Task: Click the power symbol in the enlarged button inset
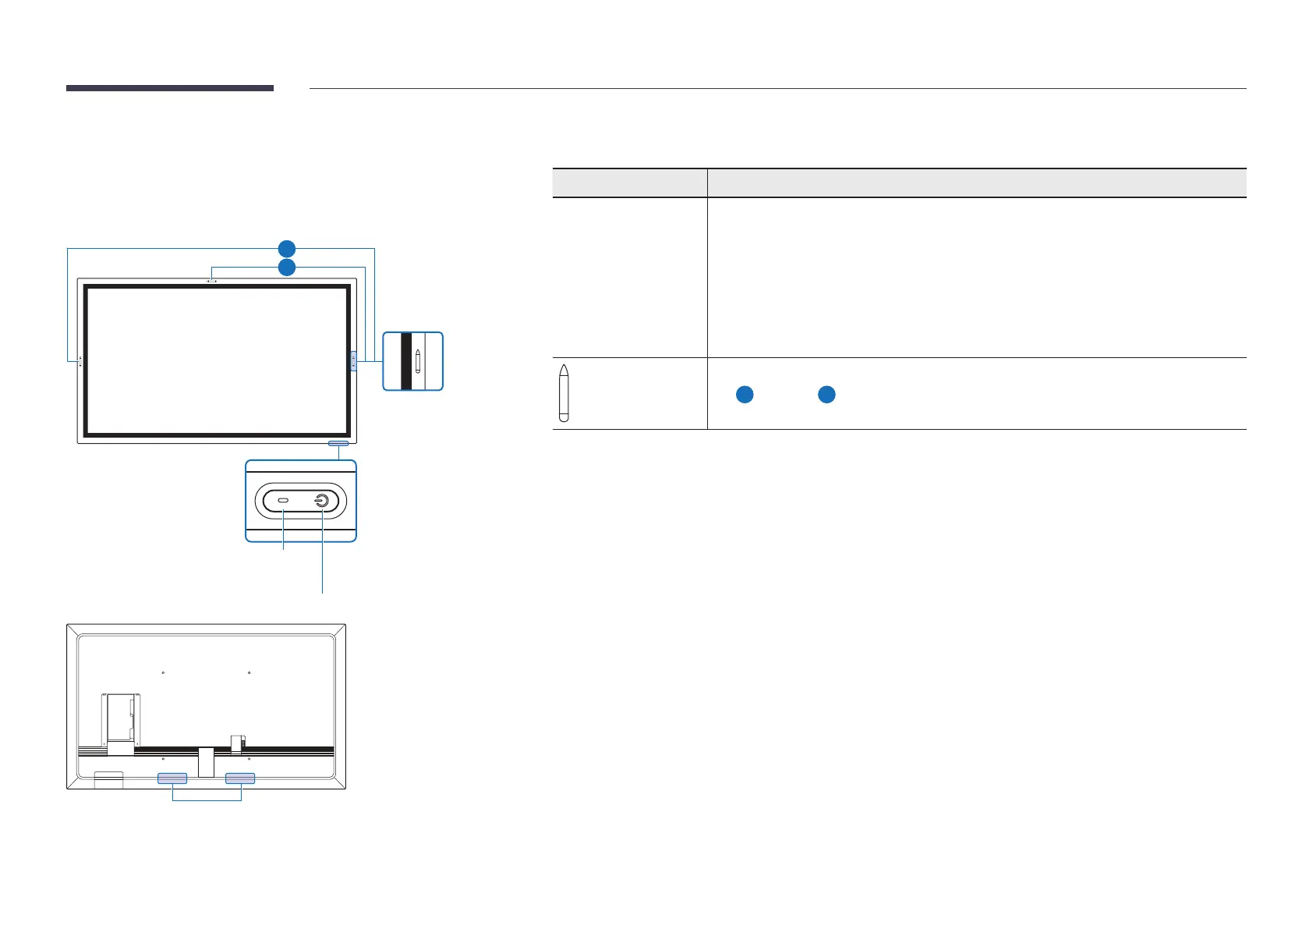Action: point(321,501)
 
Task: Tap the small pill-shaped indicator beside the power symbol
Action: point(283,501)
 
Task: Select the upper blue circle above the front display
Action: point(287,249)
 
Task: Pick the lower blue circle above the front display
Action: point(287,268)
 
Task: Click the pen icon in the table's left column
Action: point(564,392)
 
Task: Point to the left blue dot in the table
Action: point(745,395)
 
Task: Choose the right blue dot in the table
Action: point(826,395)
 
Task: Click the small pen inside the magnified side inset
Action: point(418,361)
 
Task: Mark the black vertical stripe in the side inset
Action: point(405,361)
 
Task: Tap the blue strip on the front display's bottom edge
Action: point(339,444)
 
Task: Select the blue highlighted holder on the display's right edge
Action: point(353,360)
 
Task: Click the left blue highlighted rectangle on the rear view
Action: point(172,778)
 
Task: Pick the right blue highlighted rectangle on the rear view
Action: point(240,778)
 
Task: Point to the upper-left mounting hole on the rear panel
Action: point(163,672)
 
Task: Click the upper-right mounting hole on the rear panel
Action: point(249,672)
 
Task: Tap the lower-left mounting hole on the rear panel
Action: point(163,757)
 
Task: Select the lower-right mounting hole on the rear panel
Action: point(249,757)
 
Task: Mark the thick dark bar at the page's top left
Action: point(170,88)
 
